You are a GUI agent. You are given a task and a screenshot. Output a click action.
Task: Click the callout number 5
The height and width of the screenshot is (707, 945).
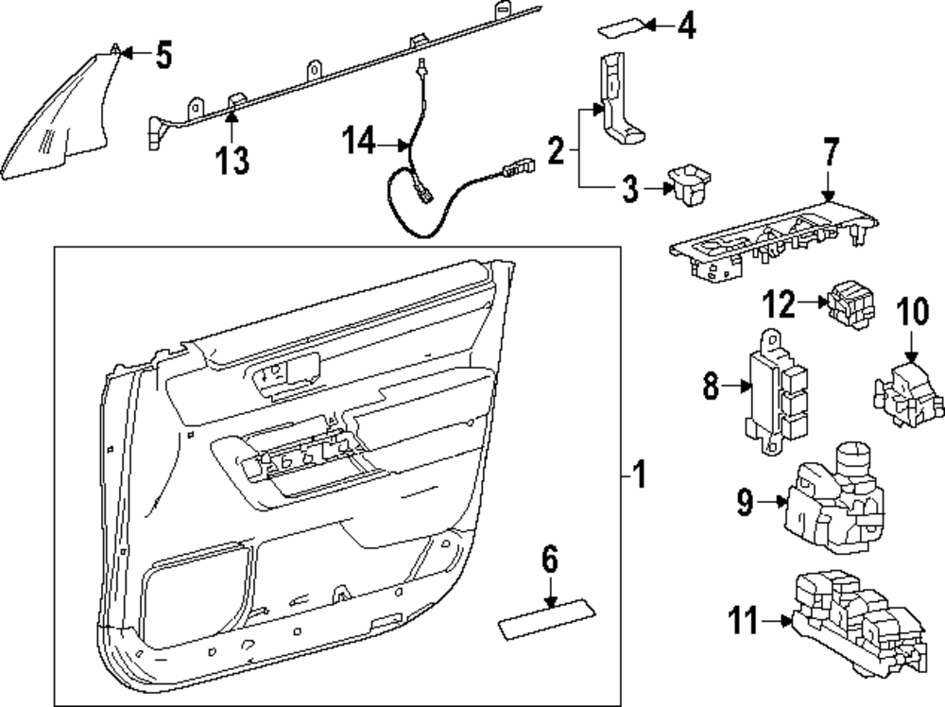[x=163, y=57]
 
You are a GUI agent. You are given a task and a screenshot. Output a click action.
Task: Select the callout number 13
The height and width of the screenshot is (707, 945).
[x=232, y=161]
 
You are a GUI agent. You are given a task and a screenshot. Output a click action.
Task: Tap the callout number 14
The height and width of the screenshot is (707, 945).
[x=357, y=144]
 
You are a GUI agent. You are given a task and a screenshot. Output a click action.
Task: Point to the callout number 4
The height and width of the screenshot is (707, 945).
[x=685, y=26]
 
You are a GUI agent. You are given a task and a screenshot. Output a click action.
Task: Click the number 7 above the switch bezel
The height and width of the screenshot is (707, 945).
[x=831, y=154]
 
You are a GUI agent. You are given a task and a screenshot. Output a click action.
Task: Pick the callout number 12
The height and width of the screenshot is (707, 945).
[x=781, y=303]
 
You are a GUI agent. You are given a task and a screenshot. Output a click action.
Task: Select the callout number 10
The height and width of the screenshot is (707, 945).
[x=913, y=311]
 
